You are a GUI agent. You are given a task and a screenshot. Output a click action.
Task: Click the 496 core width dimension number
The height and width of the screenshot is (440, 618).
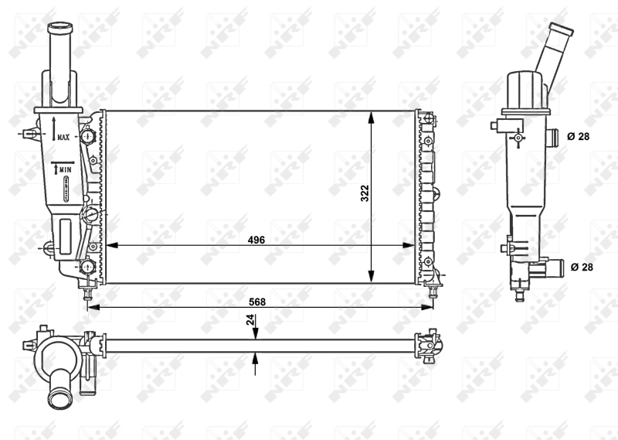256,240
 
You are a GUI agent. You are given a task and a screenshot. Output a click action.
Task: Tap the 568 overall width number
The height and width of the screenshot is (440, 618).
256,302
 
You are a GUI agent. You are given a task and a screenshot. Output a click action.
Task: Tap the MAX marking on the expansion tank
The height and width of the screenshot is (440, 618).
63,137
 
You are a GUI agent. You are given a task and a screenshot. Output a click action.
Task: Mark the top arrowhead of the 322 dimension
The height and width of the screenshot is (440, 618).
372,116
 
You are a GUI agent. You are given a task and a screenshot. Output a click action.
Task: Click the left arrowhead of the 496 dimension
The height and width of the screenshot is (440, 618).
110,245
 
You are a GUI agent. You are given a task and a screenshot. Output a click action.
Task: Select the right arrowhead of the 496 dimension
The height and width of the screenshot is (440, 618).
409,245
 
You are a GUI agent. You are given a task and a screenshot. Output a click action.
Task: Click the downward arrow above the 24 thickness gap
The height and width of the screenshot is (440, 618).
256,333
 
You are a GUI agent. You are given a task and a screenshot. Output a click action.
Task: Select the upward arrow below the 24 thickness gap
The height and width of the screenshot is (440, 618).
256,358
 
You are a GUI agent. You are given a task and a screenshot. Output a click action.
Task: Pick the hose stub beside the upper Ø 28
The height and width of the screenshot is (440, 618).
552,138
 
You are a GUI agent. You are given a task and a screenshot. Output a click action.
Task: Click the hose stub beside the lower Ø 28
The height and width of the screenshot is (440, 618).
552,268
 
